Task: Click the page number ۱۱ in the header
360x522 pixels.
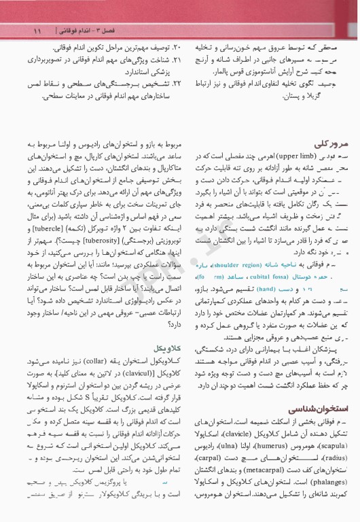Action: point(37,31)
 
